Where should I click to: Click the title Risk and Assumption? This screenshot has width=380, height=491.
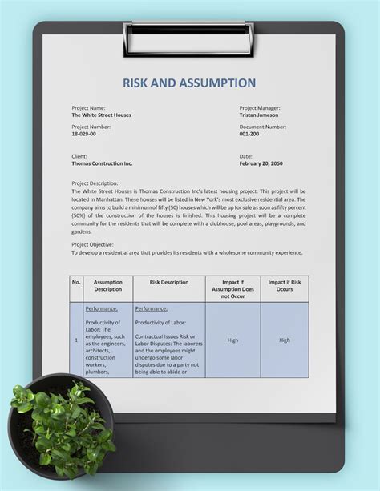[x=189, y=83]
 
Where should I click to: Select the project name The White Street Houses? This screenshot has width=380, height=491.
[x=101, y=115]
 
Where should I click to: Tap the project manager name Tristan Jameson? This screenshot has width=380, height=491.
[x=261, y=115]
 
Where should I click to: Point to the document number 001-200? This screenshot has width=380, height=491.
[x=250, y=135]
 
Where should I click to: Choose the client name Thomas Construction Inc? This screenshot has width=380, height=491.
[x=102, y=163]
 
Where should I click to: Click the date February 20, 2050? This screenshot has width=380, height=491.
[x=261, y=163]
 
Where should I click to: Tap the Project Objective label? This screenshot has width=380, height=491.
[x=92, y=244]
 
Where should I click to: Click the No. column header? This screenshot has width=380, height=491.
[x=77, y=282]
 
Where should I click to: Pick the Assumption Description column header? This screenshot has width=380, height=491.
[x=107, y=286]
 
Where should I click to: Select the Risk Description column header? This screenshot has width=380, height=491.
[x=168, y=282]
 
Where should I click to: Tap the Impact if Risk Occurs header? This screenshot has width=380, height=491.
[x=285, y=286]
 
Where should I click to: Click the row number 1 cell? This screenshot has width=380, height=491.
[x=77, y=340]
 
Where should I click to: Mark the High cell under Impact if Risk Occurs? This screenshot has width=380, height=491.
[x=285, y=340]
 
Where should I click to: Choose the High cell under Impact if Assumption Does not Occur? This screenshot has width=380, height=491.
[x=232, y=340]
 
